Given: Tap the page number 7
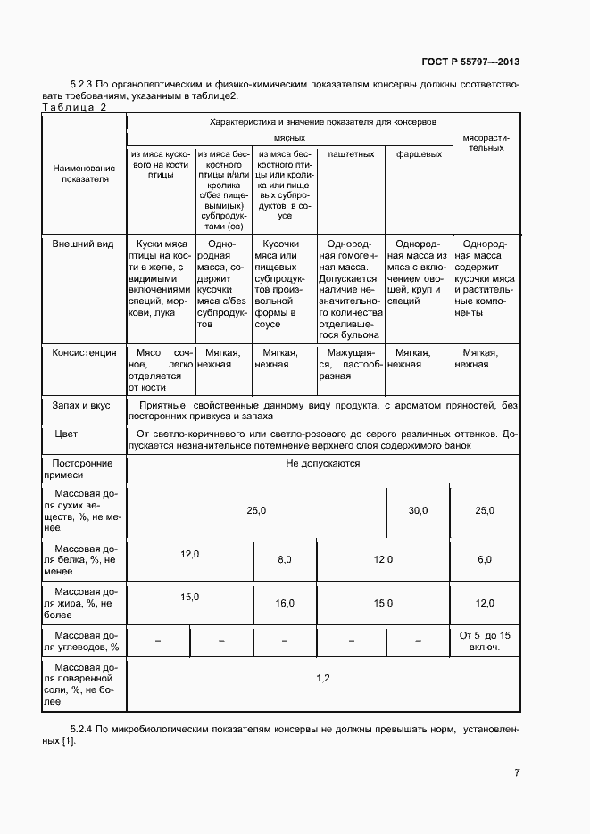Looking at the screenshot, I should (517, 772).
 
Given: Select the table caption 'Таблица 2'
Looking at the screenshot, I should (74, 108).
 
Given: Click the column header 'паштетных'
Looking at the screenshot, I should (351, 154).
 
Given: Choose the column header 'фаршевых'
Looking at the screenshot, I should (419, 154).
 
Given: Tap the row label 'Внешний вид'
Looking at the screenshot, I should (81, 244).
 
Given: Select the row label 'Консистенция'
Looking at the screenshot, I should (85, 353).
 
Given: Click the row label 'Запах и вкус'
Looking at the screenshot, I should (81, 406).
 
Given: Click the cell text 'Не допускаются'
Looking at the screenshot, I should (322, 464).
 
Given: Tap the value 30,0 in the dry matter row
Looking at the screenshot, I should (418, 510).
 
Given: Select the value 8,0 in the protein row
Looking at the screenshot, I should (285, 559).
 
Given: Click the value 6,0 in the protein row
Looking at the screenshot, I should (485, 559).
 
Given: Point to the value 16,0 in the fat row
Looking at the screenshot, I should (285, 604).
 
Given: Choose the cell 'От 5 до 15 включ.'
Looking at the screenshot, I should (485, 640).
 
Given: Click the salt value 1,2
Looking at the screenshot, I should (323, 679).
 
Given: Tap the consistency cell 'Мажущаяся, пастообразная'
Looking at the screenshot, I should (351, 364).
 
